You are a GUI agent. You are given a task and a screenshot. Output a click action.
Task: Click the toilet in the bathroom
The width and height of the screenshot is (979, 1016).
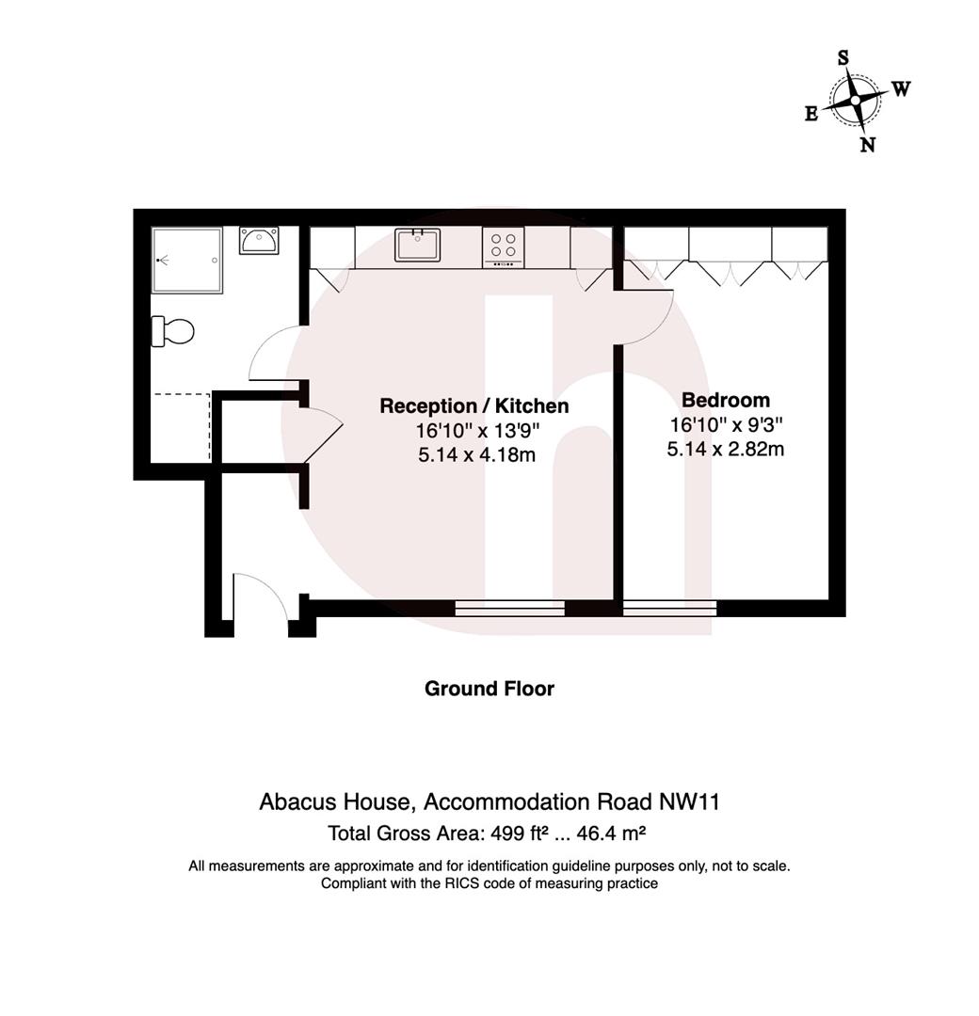tap(174, 331)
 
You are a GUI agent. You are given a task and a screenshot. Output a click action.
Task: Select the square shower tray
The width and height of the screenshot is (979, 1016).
tap(188, 260)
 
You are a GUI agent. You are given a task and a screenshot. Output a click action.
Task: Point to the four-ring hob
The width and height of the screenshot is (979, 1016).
tap(503, 246)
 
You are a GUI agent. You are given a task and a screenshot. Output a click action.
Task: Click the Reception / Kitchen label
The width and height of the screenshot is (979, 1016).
tap(473, 406)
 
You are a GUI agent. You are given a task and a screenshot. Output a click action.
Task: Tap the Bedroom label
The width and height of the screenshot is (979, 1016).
tap(726, 400)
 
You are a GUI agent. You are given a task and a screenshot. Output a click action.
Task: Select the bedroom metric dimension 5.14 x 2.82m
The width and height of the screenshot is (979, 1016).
tap(726, 449)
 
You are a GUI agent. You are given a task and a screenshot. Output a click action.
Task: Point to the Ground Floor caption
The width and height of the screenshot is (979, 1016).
tap(489, 689)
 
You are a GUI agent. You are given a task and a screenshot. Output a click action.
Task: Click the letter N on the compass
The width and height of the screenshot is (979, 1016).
tap(868, 144)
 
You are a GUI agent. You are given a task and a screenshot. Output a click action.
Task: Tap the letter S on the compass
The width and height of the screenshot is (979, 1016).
tap(843, 58)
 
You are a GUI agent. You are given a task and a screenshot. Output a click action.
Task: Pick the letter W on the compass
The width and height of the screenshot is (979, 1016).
tap(901, 89)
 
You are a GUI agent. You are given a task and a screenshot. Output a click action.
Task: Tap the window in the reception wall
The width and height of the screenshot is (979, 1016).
tap(509, 608)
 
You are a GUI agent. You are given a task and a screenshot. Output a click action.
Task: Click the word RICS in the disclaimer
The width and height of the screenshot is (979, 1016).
tap(463, 883)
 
